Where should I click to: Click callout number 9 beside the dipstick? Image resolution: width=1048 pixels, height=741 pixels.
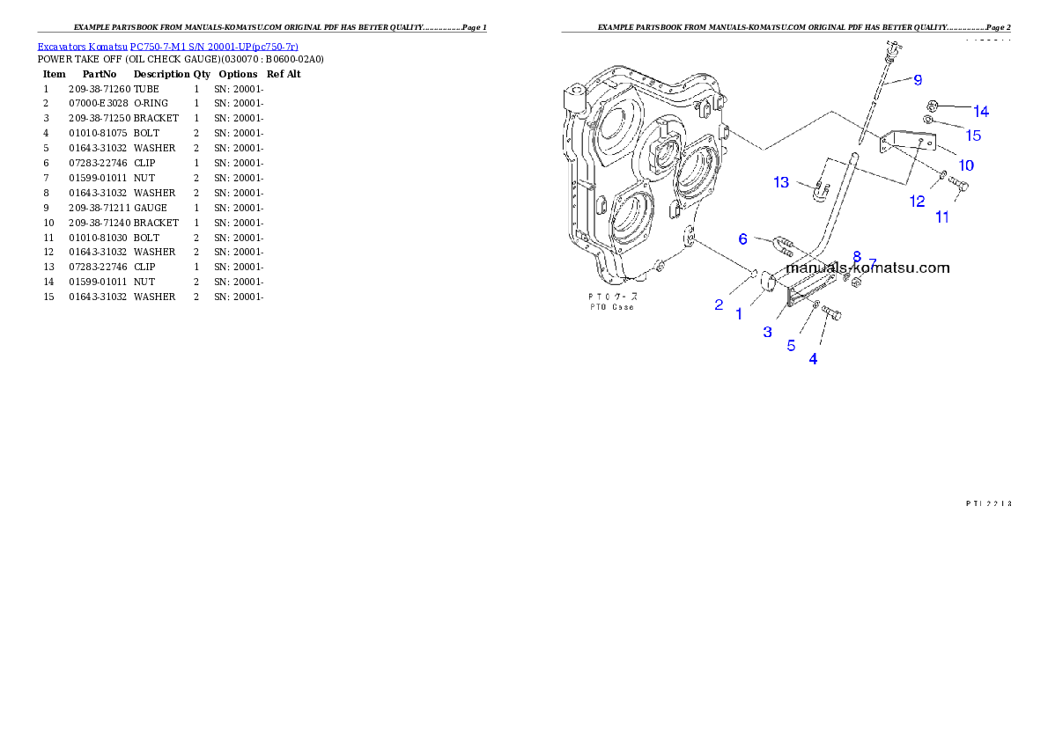(918, 80)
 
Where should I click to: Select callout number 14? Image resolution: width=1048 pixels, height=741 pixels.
(980, 112)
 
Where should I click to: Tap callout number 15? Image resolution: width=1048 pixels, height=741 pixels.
(973, 136)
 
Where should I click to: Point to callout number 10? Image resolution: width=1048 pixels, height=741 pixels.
(966, 165)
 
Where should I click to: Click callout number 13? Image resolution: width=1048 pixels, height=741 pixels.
(781, 182)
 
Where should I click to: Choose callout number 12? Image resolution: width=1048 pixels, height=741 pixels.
(918, 202)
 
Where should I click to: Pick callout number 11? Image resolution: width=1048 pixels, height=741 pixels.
(942, 216)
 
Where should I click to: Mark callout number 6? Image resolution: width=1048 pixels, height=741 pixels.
(742, 238)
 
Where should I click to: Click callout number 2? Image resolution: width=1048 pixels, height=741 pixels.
(719, 305)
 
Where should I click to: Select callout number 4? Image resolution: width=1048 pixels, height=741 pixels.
(813, 359)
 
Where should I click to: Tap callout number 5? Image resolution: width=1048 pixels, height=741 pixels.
(791, 346)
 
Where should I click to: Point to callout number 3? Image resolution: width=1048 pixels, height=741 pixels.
(767, 332)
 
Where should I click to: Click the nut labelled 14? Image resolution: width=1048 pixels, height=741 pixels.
(934, 106)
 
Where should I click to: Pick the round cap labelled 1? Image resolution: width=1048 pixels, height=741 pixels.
(765, 282)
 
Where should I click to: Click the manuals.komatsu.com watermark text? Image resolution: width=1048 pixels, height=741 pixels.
(867, 268)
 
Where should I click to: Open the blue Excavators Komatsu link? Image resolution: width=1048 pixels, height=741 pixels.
(167, 46)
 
